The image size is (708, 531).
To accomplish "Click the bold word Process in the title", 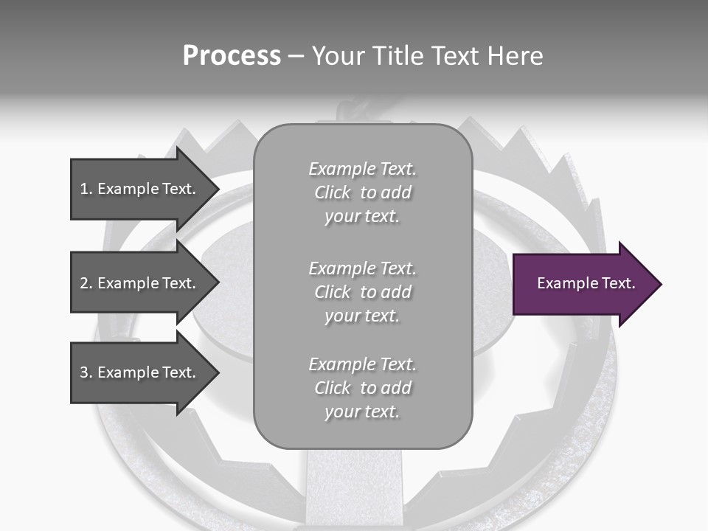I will pyautogui.click(x=232, y=56).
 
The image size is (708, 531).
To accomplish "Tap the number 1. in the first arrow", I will pyautogui.click(x=86, y=189).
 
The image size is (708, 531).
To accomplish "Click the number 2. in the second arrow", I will pyautogui.click(x=86, y=283).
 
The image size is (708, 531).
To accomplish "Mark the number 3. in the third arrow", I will pyautogui.click(x=86, y=372).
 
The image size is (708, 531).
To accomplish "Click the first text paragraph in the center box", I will pyautogui.click(x=362, y=192).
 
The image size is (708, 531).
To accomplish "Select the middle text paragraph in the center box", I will pyautogui.click(x=362, y=292).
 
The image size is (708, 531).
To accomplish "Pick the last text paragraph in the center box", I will pyautogui.click(x=362, y=388).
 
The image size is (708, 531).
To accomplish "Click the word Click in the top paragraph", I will pyautogui.click(x=333, y=192).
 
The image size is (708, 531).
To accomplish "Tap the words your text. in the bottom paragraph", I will pyautogui.click(x=362, y=412).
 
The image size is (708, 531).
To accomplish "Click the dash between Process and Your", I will pyautogui.click(x=296, y=56).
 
